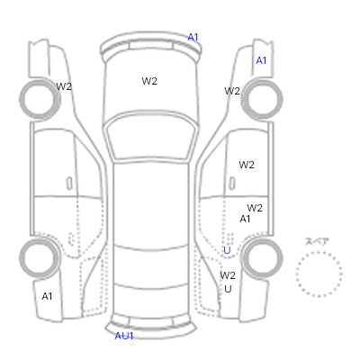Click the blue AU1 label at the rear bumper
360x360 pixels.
tap(124, 336)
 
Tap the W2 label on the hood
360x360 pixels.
tap(149, 81)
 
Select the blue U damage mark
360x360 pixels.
tap(227, 250)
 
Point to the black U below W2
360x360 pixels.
tap(228, 289)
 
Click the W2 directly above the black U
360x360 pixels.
tap(228, 275)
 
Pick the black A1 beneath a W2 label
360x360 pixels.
tap(245, 219)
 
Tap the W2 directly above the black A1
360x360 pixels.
tap(255, 208)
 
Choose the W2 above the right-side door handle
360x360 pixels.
tap(247, 165)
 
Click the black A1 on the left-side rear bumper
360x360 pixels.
tap(47, 296)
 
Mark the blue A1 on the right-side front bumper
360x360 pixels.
tap(261, 60)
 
